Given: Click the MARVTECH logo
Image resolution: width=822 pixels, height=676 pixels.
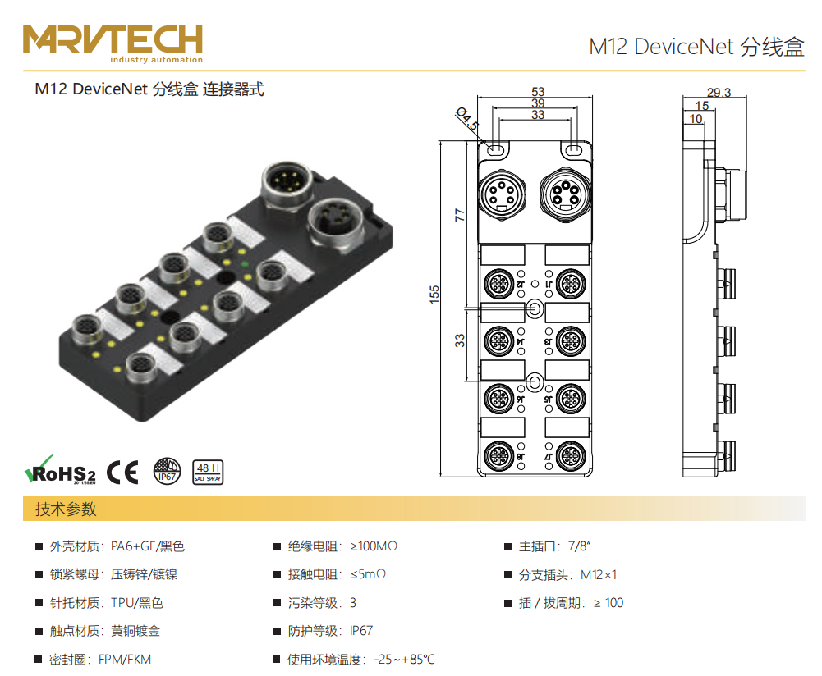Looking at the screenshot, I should pyautogui.click(x=113, y=43).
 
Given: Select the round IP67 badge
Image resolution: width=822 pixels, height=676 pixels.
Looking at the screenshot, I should pyautogui.click(x=168, y=471).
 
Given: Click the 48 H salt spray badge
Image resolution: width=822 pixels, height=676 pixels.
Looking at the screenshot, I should pyautogui.click(x=207, y=471).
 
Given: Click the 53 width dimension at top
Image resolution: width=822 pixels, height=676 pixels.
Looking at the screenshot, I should pyautogui.click(x=538, y=92).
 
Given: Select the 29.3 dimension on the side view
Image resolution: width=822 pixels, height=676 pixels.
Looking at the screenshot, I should pyautogui.click(x=718, y=93).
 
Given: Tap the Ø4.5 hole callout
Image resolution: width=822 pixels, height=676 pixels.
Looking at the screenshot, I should pyautogui.click(x=466, y=119).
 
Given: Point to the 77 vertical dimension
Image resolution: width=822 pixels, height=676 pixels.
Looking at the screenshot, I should pyautogui.click(x=460, y=215).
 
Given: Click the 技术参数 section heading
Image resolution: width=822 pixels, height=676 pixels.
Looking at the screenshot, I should pyautogui.click(x=66, y=509).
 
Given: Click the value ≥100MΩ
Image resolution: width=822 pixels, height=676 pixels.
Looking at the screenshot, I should pyautogui.click(x=374, y=546).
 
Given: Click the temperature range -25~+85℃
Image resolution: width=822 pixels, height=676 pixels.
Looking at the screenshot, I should pyautogui.click(x=404, y=660).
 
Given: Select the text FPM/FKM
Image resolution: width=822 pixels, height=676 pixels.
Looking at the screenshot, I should pyautogui.click(x=125, y=660).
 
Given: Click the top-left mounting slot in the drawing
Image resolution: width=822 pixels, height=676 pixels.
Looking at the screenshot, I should pyautogui.click(x=495, y=150).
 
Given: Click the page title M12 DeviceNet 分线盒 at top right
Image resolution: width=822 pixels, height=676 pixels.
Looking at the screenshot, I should pyautogui.click(x=696, y=46).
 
